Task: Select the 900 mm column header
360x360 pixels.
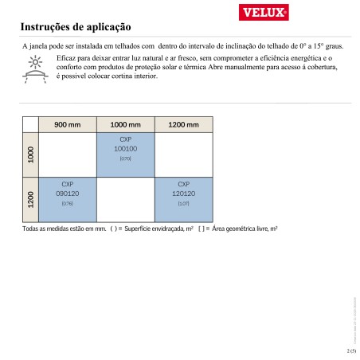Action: [67, 125]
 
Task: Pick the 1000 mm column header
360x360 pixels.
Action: [125, 125]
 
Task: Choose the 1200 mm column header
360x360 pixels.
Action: [183, 125]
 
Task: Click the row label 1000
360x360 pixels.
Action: [31, 155]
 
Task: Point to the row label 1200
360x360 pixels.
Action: [31, 200]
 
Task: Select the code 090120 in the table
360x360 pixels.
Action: [67, 194]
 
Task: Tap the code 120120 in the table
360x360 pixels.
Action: [183, 194]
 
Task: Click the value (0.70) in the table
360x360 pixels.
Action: [125, 158]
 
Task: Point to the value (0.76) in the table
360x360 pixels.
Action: [67, 204]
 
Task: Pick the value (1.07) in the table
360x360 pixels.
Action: [183, 204]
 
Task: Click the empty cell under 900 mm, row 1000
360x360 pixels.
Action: [67, 155]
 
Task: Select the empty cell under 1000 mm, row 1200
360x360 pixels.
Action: [125, 200]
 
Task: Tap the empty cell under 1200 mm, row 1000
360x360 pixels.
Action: [183, 155]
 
